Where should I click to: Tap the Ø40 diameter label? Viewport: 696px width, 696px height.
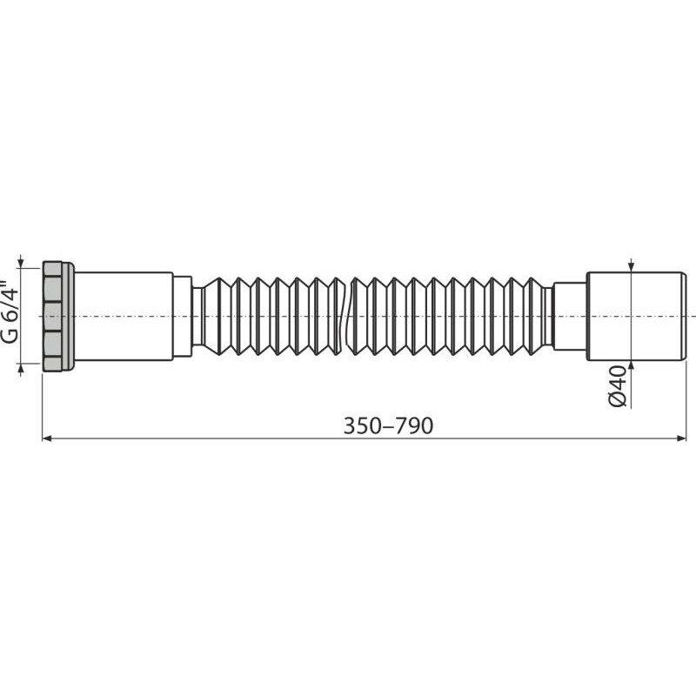tap(618, 385)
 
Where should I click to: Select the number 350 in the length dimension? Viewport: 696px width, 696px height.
tap(362, 425)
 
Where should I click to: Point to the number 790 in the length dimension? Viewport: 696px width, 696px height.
tap(415, 425)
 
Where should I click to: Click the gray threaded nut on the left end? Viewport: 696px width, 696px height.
tap(57, 316)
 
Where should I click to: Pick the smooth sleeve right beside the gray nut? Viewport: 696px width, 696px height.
tap(124, 316)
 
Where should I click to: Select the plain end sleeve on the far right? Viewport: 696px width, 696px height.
tap(636, 316)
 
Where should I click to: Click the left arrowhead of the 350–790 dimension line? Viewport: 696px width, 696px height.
tap(49, 439)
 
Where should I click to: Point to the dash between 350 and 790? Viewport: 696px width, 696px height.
tap(388, 425)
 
